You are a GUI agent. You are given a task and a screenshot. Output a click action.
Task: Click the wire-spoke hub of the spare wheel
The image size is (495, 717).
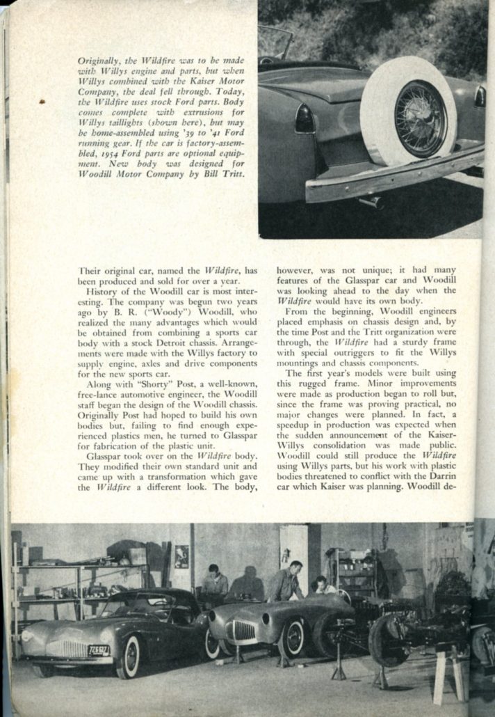[x=420, y=118]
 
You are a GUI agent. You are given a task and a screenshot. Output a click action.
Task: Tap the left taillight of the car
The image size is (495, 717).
[x=305, y=120]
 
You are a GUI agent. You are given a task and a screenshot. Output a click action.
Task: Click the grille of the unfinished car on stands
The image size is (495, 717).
[x=241, y=631]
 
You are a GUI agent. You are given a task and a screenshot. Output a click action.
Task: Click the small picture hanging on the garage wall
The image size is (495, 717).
[x=181, y=556]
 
